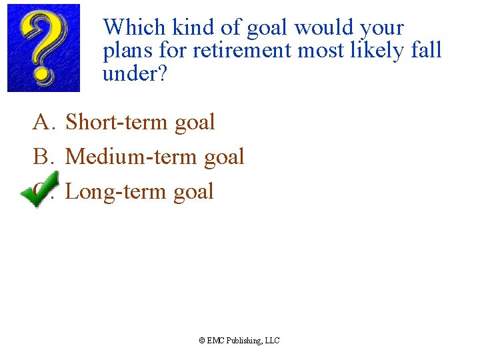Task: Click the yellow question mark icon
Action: [43, 47]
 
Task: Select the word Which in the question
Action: [134, 27]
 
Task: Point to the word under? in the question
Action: [134, 74]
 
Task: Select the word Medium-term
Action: [131, 157]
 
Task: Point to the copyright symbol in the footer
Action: [202, 341]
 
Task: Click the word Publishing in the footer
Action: [244, 341]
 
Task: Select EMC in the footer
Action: [216, 341]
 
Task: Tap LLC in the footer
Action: [273, 341]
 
